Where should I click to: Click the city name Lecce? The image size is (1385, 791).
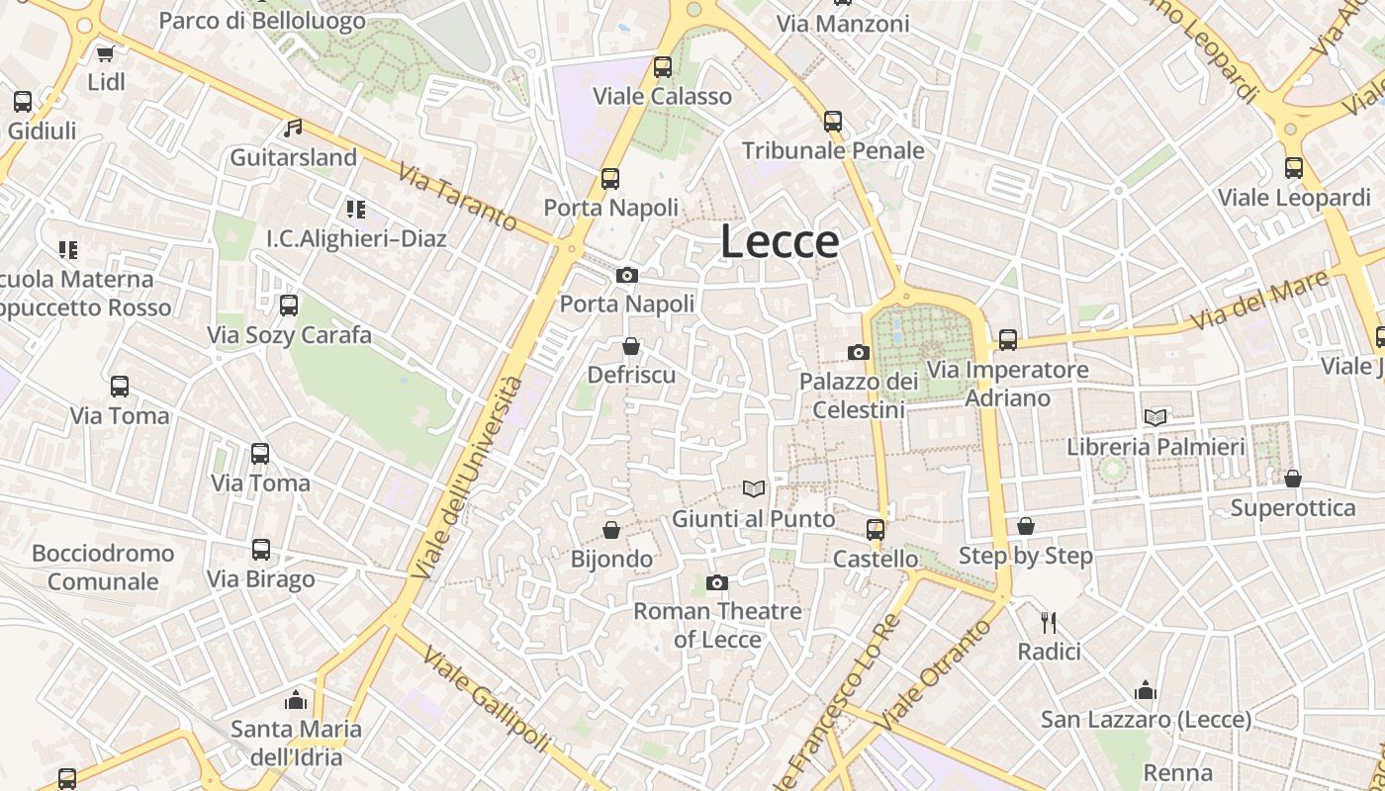780,242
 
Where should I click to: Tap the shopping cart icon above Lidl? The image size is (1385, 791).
105,53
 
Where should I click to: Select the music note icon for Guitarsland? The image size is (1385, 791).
292,128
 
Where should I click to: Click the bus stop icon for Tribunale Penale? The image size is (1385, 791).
833,122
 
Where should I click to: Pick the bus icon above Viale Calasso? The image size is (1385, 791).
662,67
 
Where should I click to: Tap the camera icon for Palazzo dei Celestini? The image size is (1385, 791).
858,352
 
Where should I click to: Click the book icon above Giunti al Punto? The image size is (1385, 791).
754,488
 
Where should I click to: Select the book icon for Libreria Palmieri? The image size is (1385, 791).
1154,417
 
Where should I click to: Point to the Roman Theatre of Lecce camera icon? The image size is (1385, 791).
717,582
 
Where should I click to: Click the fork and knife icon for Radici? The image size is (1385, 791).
1049,623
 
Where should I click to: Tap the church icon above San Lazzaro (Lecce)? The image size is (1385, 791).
1146,689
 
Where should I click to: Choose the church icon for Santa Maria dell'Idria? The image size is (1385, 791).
296,700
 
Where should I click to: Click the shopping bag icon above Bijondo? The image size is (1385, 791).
611,531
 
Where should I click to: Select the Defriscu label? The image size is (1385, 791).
631,375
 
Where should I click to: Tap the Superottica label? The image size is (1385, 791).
1292,508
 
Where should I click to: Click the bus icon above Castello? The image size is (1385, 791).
876,529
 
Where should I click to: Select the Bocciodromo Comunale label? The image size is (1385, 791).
103,567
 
